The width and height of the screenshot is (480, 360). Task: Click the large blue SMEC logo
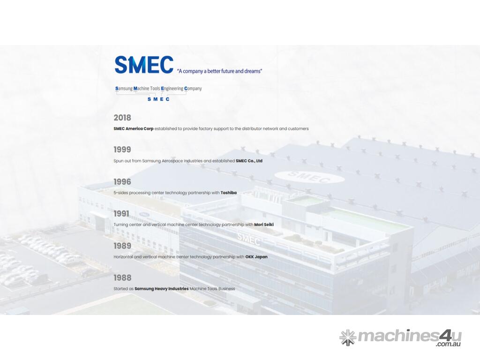144,65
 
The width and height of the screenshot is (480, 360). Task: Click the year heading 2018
122,118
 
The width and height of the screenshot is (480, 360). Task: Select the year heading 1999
122,150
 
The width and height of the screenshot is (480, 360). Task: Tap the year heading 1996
122,182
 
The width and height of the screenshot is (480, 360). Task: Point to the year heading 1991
121,214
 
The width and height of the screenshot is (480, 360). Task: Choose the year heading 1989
122,246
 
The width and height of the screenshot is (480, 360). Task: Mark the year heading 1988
122,277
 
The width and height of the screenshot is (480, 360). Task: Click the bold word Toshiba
229,193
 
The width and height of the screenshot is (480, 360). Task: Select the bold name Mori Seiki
264,225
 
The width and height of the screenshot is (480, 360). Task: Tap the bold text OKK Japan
256,256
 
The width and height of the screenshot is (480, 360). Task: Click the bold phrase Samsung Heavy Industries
162,289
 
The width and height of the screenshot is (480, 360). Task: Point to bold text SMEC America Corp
134,128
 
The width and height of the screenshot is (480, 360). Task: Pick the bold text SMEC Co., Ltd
249,161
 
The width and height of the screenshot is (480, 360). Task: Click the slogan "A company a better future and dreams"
219,71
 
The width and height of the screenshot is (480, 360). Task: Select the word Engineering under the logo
172,89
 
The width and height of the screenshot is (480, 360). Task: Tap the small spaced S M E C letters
158,99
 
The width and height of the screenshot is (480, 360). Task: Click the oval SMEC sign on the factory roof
309,177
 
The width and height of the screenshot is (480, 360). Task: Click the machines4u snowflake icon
348,337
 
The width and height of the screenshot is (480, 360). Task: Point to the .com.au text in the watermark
449,344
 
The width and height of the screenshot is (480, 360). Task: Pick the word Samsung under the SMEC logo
124,89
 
